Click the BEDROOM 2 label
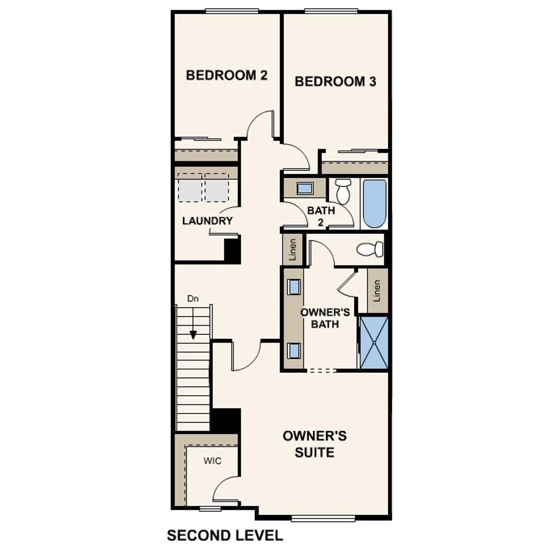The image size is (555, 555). point(227,75)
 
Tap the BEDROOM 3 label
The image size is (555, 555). point(335,82)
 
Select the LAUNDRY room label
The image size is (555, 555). point(207,221)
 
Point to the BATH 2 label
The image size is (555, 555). point(321,216)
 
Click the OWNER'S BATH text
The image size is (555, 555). point(320,318)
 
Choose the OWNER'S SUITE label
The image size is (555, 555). point(314,444)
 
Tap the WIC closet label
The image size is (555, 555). point(212,461)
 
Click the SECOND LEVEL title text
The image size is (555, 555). point(225,536)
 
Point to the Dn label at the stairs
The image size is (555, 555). point(193,299)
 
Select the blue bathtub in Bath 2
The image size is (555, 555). point(374,204)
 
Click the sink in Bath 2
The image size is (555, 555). point(305,189)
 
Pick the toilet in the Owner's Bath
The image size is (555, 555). point(370,249)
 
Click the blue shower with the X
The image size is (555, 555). point(375,343)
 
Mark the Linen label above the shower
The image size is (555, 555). point(377,291)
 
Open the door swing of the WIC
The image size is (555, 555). point(224,488)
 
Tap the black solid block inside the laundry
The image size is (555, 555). point(232,250)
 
